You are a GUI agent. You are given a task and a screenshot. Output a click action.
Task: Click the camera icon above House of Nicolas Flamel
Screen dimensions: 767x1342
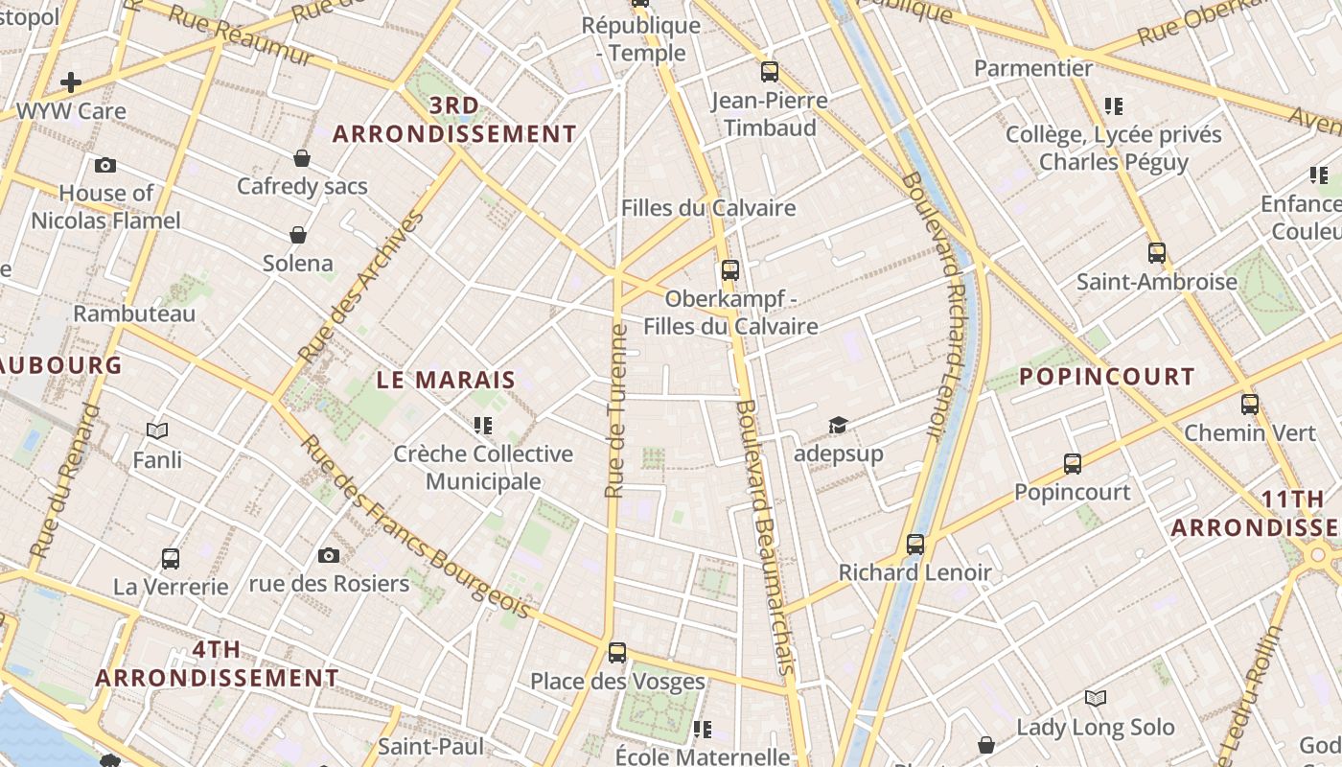tap(105, 166)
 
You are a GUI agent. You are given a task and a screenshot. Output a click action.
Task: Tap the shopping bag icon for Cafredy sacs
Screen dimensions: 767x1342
tap(302, 158)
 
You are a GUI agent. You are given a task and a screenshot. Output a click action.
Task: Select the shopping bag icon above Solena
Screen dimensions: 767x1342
tap(298, 235)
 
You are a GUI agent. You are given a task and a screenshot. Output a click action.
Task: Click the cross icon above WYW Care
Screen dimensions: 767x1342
tap(70, 82)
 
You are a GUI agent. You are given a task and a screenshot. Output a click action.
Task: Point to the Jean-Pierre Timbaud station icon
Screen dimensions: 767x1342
tap(769, 72)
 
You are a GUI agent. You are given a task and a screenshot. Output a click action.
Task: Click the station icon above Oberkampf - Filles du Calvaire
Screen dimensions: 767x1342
tap(730, 270)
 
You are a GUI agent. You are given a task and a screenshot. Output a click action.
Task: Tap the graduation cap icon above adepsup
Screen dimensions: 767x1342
tap(839, 425)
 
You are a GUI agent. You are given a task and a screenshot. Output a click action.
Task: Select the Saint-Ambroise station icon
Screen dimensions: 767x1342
tap(1157, 253)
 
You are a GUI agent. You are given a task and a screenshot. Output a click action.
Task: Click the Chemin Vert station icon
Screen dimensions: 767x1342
tap(1249, 405)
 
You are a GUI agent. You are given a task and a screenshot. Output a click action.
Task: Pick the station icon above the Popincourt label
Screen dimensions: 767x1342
tap(1073, 464)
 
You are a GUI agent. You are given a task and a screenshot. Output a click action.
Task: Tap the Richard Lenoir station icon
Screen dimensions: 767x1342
tap(915, 545)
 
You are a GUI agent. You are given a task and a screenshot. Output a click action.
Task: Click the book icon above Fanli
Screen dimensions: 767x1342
tap(157, 431)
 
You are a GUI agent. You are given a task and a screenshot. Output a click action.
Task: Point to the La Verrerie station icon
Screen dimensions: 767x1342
tap(171, 558)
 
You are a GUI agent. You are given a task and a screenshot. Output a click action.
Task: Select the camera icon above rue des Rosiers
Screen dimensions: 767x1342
tap(329, 555)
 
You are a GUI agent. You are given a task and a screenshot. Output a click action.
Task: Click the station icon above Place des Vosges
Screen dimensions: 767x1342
tap(617, 653)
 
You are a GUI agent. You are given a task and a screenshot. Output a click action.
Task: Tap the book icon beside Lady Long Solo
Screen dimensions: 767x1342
tap(1096, 698)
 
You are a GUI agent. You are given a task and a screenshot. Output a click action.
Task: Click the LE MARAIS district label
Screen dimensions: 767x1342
tap(446, 380)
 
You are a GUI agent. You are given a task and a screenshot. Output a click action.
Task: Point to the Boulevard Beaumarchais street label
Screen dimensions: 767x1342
tap(766, 537)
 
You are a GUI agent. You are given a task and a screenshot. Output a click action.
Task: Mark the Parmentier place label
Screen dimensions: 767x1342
tap(1033, 68)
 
